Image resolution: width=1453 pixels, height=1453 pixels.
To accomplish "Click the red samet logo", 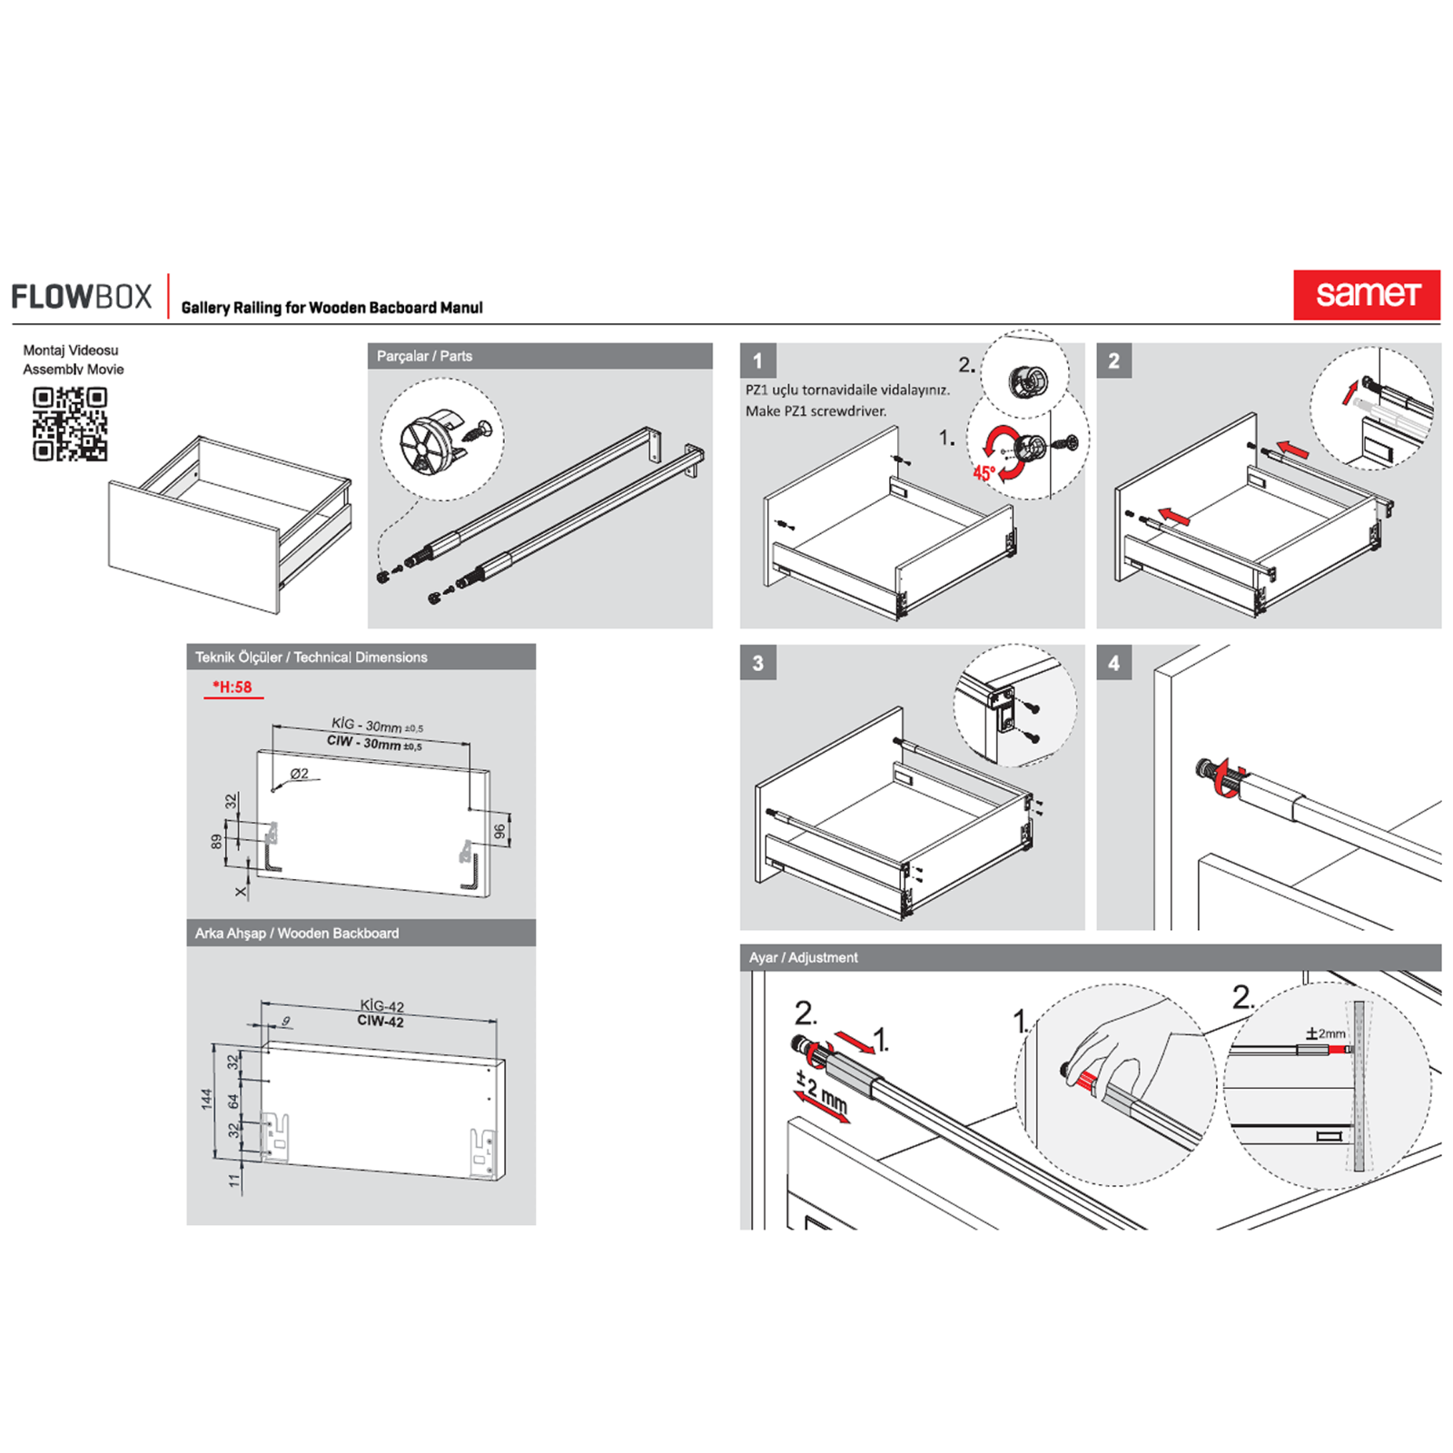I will [x=1366, y=294].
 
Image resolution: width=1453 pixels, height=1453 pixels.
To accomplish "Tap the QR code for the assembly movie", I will [x=70, y=423].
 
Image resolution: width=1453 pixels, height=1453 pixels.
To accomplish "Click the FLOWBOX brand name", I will [x=82, y=297].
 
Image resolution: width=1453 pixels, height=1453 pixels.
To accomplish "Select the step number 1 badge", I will [x=757, y=361].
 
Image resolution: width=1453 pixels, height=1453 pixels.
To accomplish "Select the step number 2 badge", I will [x=1113, y=361].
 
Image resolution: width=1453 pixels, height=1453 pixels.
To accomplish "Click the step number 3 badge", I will [x=757, y=663].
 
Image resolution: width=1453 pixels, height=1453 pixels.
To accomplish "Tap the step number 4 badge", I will [x=1113, y=663].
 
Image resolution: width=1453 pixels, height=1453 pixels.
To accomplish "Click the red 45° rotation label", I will [x=984, y=473].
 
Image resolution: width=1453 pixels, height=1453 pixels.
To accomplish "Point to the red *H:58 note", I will [x=232, y=687].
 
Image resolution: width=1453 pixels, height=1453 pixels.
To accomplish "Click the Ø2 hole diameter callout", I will [x=300, y=774].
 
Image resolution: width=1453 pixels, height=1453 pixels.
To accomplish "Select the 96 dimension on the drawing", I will [x=499, y=831].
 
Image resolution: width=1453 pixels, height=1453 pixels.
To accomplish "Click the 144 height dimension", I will [x=207, y=1099].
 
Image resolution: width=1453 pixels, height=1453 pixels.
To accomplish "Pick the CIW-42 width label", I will [x=380, y=1022].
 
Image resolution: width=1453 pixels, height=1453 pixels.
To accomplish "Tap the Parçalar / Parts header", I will [x=424, y=356].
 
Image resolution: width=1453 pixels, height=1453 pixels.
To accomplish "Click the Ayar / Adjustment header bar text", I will [x=803, y=957].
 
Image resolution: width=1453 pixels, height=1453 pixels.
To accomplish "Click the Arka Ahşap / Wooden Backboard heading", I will [x=296, y=933].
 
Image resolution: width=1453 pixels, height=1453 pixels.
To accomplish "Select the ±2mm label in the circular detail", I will [x=1326, y=1033].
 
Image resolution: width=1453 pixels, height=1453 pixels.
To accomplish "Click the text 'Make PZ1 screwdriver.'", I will [x=815, y=411].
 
